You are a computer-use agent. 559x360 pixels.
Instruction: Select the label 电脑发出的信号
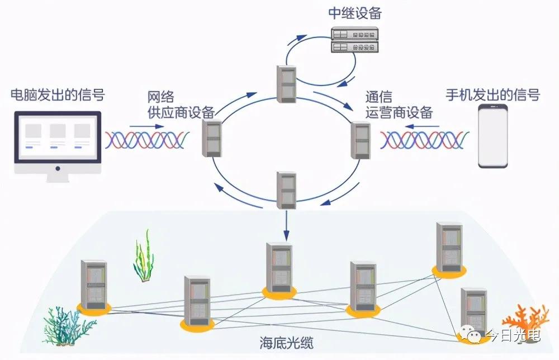point(58,96)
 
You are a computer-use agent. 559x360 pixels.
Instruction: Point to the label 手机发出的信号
point(493,94)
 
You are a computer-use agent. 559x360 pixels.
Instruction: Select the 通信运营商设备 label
point(399,104)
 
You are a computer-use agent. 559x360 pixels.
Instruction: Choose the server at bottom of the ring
point(286,190)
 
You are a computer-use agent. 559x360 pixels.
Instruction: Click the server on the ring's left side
point(213,138)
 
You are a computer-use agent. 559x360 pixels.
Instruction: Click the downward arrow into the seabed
point(286,226)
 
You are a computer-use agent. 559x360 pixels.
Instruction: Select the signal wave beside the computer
point(151,140)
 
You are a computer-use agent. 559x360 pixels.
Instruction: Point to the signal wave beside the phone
point(425,140)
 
